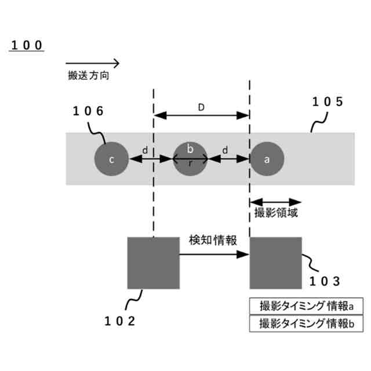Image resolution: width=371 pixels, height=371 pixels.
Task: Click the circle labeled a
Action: [x=267, y=159]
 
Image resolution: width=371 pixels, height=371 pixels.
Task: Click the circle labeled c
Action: [x=112, y=159]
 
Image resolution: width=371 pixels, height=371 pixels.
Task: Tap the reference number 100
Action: [x=26, y=46]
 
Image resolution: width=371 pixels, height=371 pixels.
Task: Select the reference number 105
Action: [x=328, y=102]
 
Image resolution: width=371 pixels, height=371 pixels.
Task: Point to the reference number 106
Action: [x=88, y=112]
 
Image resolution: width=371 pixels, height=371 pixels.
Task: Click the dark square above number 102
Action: [x=153, y=263]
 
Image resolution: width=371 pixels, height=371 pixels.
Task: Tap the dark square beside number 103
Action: [x=275, y=263]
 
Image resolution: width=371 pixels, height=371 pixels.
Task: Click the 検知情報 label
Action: [x=212, y=240]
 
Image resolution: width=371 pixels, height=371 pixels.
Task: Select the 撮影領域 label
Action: [x=277, y=213]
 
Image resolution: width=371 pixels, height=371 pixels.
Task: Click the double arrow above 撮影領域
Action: [x=275, y=201]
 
